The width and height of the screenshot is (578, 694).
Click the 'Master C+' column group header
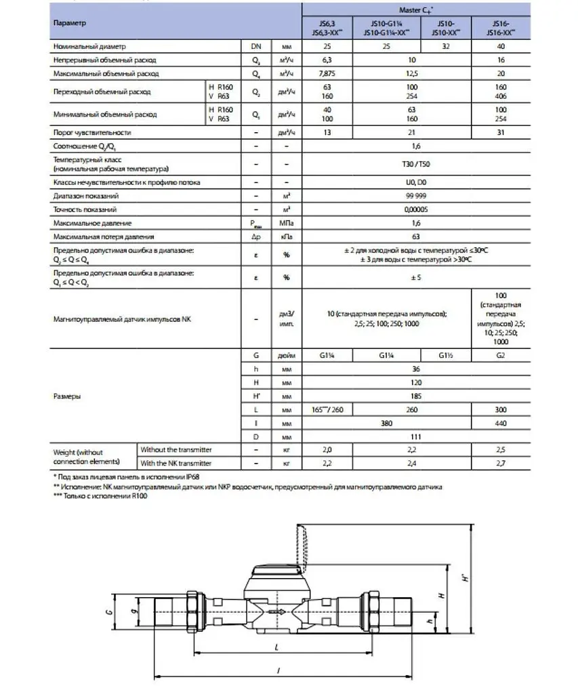tap(415, 9)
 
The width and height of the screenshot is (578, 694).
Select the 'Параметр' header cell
tap(68, 22)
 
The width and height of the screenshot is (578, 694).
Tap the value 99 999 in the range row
tap(415, 196)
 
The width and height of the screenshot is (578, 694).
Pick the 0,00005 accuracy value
tap(415, 209)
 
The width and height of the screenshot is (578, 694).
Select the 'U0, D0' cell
tap(415, 183)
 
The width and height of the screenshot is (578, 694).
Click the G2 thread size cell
tap(500, 354)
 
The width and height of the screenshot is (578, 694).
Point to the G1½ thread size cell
tap(445, 354)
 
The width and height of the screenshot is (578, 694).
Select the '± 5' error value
tap(415, 277)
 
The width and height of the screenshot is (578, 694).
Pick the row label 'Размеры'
tap(66, 396)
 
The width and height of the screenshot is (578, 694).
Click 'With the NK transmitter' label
tap(176, 463)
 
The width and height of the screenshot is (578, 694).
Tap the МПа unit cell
tap(286, 223)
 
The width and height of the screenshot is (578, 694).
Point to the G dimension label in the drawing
tap(108, 612)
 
